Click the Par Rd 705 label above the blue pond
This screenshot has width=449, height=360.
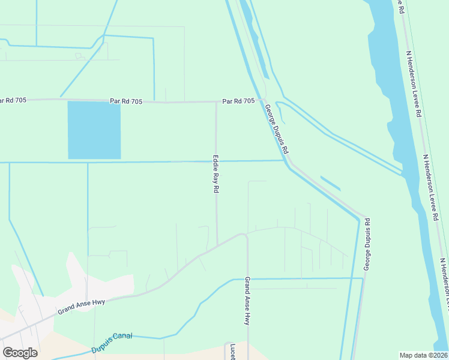(x=126, y=101)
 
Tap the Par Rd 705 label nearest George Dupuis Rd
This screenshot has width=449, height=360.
(x=238, y=101)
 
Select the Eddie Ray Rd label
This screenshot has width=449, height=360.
(x=215, y=174)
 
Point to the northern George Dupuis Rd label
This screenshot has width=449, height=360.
(x=277, y=128)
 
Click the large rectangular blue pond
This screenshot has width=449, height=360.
(x=94, y=130)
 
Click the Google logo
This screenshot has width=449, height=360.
(x=20, y=353)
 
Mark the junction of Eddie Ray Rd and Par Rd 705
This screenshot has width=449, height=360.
(x=216, y=102)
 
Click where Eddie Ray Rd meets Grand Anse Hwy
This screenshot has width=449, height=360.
(x=217, y=243)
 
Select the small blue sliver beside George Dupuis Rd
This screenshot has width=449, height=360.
(x=330, y=183)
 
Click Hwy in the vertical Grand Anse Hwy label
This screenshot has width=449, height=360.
(x=247, y=318)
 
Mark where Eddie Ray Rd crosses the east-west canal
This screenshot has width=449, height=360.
(x=216, y=161)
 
